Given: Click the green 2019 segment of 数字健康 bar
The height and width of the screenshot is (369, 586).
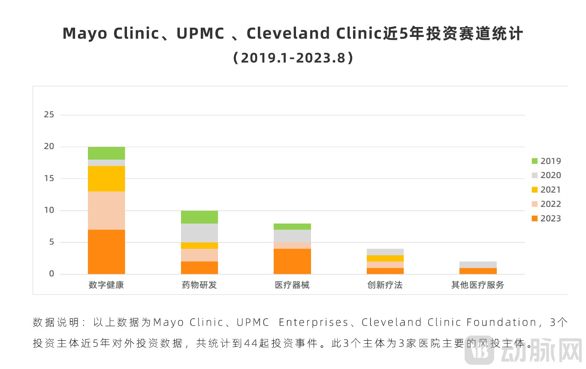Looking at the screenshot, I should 106,153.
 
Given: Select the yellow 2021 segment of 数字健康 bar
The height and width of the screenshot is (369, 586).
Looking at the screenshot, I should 106,178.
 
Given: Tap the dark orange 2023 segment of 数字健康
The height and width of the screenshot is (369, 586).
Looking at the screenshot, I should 106,252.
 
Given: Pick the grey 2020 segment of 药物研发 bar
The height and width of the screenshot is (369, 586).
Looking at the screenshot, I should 199,233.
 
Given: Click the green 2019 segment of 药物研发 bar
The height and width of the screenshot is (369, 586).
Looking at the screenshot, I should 199,217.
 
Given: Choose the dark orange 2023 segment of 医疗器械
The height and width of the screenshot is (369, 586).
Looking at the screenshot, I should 292,261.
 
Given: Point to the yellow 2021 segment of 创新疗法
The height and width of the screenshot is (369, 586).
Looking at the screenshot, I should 385,258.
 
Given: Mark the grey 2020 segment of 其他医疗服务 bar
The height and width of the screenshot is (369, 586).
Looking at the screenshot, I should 478,265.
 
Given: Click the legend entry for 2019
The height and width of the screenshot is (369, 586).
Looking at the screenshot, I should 546,161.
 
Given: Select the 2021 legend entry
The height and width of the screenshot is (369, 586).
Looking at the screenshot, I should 546,190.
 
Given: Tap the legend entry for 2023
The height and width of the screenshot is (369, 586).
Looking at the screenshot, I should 546,218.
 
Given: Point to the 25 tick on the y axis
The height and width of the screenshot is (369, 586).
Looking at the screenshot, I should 49,115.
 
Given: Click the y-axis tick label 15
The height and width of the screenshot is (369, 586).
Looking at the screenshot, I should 49,178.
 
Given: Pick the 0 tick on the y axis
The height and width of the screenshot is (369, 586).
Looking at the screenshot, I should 52,274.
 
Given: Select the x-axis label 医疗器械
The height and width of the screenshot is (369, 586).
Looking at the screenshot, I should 292,285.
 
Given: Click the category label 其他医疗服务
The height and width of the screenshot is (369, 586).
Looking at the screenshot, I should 478,285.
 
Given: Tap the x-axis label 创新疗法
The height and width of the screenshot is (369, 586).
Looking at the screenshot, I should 385,285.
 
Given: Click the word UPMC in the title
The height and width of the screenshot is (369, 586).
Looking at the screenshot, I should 200,33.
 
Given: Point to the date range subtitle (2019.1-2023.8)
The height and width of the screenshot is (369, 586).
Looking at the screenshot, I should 293,58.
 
